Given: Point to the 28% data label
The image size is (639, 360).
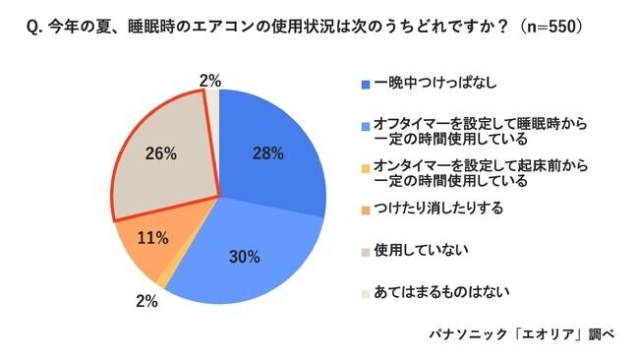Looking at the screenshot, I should point(267,153).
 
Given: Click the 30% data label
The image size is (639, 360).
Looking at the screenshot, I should point(245,257).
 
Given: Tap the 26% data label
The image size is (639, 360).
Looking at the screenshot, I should point(160,153).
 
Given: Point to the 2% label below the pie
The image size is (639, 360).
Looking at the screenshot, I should point(146,302).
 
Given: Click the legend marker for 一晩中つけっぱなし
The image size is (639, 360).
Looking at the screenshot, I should point(366,84).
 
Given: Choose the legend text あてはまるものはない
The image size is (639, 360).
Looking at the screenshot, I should point(436,292).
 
